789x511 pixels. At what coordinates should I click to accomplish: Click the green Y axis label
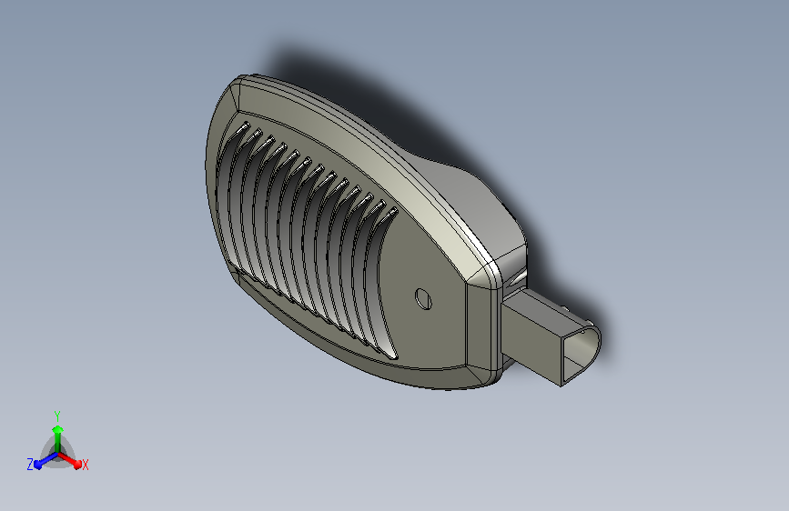57,416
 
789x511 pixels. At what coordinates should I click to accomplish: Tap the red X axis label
86,465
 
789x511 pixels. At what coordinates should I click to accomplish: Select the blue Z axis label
30,465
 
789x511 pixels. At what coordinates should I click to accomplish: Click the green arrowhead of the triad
58,429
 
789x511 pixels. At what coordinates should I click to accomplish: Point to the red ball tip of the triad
77,464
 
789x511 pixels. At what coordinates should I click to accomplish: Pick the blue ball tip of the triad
38,465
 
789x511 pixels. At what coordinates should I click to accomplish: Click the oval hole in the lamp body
424,299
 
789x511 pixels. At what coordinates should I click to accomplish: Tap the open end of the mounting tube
582,356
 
